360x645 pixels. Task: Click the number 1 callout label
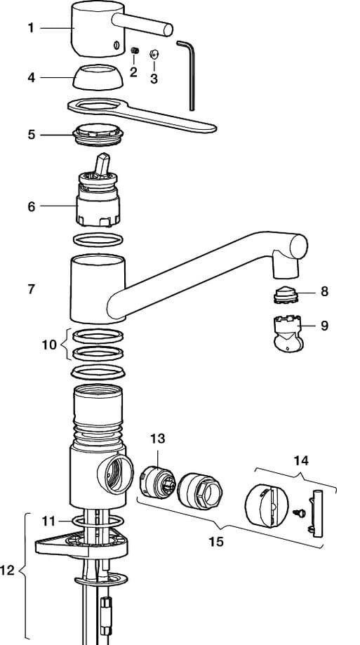pyautogui.click(x=31, y=28)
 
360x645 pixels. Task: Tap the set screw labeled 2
pyautogui.click(x=135, y=51)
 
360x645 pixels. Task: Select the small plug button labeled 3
pyautogui.click(x=154, y=53)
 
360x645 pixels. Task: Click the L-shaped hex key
pyautogui.click(x=187, y=74)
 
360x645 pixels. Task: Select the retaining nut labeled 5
pyautogui.click(x=98, y=135)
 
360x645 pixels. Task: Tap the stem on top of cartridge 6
pyautogui.click(x=102, y=164)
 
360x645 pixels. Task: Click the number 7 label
pyautogui.click(x=32, y=289)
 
